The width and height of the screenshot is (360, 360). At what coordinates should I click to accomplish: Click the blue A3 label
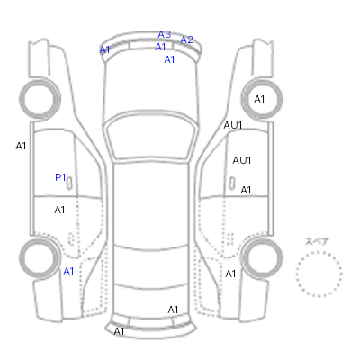pyautogui.click(x=165, y=34)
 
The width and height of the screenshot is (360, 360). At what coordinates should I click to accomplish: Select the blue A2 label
pyautogui.click(x=186, y=40)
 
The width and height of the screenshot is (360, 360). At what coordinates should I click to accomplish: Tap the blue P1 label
pyautogui.click(x=60, y=177)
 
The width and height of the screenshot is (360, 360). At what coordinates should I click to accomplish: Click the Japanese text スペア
pyautogui.click(x=317, y=241)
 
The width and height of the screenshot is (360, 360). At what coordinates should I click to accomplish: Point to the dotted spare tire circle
pyautogui.click(x=319, y=252)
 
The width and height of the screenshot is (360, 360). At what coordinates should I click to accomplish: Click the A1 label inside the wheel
pyautogui.click(x=259, y=99)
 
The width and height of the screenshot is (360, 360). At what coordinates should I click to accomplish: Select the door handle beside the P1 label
pyautogui.click(x=69, y=184)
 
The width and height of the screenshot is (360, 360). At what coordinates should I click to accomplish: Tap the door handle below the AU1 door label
pyautogui.click(x=232, y=184)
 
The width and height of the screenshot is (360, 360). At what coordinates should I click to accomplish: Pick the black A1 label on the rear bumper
pyautogui.click(x=119, y=331)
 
